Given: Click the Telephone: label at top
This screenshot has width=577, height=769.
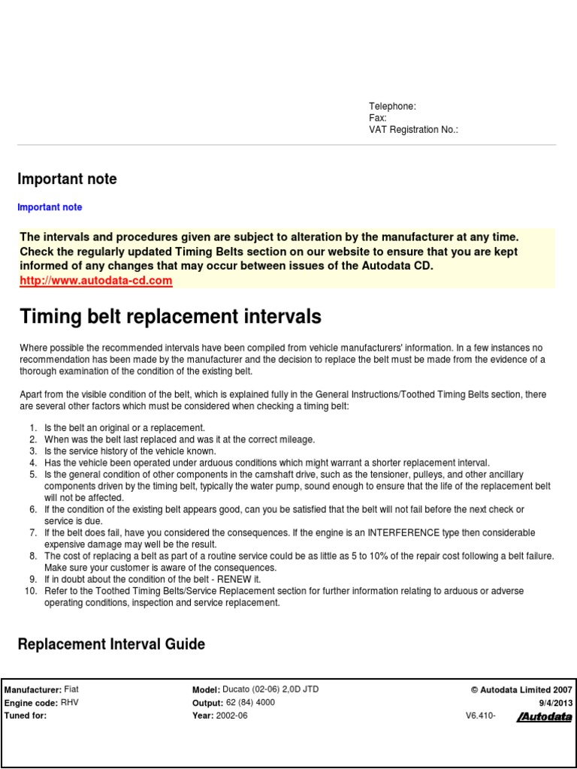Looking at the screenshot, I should [x=392, y=107].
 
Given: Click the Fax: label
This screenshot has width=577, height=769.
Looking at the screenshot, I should [x=377, y=118].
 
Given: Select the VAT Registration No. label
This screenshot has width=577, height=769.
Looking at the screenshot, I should [x=413, y=130].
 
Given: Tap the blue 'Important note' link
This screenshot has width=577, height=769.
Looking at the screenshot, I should [x=50, y=207].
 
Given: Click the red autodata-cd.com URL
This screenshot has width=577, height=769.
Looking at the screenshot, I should [x=96, y=281].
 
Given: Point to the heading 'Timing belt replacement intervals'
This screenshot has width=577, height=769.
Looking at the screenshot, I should [x=170, y=317].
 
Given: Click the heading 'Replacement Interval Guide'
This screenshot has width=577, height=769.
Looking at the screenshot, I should [x=111, y=644].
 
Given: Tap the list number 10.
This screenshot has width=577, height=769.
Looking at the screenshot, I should [x=31, y=591].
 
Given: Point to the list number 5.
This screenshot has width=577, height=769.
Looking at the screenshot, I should [x=33, y=475].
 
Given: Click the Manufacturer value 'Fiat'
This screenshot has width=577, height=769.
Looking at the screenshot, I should [x=71, y=689].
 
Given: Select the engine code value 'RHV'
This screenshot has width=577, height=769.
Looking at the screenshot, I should [x=69, y=703].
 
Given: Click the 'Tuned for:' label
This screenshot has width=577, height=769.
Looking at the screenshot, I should [x=26, y=716].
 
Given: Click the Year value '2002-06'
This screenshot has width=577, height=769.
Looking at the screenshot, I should [x=232, y=716].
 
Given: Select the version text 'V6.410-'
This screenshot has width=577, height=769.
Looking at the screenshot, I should [x=481, y=716].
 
